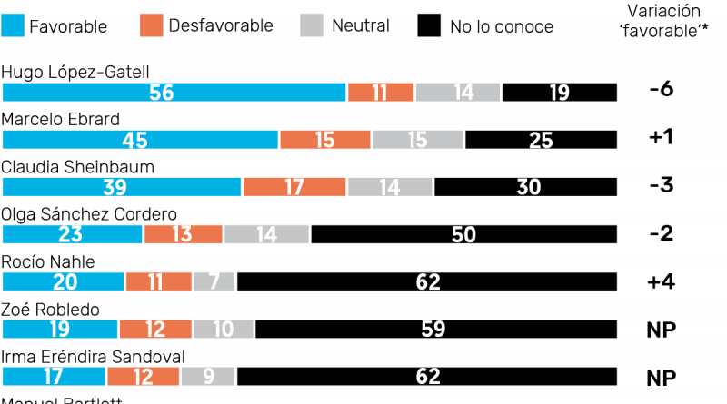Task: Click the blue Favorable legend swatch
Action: pyautogui.click(x=14, y=25)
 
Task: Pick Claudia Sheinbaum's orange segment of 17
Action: pyautogui.click(x=294, y=187)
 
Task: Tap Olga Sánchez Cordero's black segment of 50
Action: pyautogui.click(x=463, y=234)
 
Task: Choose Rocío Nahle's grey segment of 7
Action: pyautogui.click(x=214, y=281)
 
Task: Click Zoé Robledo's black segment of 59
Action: pyautogui.click(x=433, y=329)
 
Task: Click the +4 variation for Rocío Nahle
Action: pyautogui.click(x=661, y=281)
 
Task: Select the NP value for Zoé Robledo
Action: pyautogui.click(x=661, y=329)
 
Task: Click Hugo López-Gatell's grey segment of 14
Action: pyautogui.click(x=458, y=93)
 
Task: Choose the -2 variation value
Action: pyautogui.click(x=661, y=234)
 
